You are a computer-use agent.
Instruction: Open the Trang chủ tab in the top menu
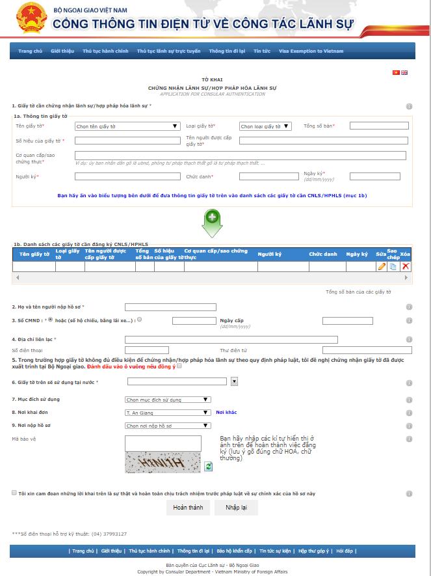[x=30, y=51]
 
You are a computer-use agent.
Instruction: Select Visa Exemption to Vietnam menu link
[x=311, y=51]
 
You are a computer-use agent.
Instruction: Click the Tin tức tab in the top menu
[x=262, y=51]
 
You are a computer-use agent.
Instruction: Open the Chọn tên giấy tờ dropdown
[x=127, y=126]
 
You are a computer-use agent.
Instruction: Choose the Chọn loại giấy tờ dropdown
[x=265, y=126]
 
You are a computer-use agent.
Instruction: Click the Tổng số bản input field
[x=378, y=126]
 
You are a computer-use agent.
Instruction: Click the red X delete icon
[x=406, y=266]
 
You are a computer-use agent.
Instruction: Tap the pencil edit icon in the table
[x=382, y=266]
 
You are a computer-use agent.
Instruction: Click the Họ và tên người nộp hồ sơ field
[x=170, y=307]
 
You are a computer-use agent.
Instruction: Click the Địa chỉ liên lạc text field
[x=231, y=339]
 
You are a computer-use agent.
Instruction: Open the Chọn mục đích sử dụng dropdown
[x=168, y=400]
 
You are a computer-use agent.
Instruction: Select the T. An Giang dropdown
[x=168, y=413]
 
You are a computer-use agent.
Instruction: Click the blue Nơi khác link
[x=226, y=413]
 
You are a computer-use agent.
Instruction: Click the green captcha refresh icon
[x=209, y=466]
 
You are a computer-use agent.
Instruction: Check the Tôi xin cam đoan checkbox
[x=14, y=493]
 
